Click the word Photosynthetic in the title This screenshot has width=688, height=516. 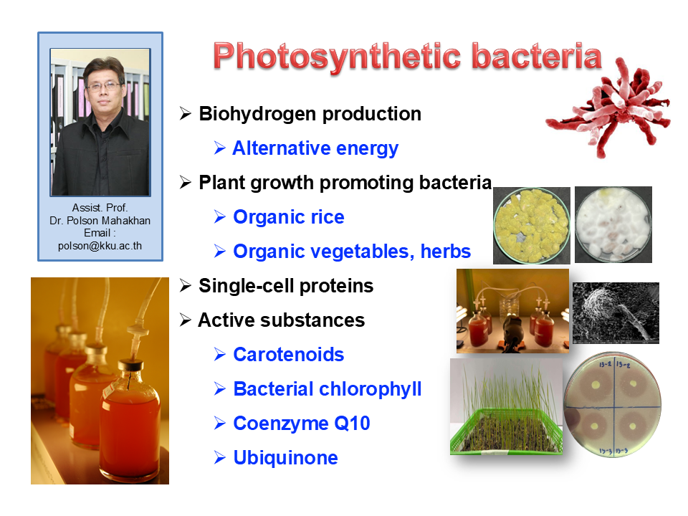coord(337,58)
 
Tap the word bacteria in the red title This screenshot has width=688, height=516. coord(537,56)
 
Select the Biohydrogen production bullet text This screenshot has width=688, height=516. coord(310,114)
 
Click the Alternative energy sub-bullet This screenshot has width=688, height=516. coord(315,148)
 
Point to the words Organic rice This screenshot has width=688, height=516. coord(289,216)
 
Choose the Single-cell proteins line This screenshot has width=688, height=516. coord(286,286)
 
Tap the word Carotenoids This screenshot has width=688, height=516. coord(289,355)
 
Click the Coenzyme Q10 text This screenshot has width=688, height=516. coord(302,424)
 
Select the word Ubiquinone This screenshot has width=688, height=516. coord(286,458)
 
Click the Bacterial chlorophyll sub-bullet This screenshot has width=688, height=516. coord(328,389)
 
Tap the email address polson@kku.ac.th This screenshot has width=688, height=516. coord(100,246)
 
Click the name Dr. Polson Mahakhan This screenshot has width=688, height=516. coord(100,220)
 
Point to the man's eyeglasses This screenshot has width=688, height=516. coord(103,87)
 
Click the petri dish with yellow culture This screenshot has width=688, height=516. coord(532,226)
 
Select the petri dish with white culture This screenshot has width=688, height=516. coord(613,224)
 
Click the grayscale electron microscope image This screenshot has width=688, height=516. coord(616,313)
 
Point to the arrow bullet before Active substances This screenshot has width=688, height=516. coord(185,320)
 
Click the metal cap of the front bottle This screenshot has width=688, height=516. coord(130,365)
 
